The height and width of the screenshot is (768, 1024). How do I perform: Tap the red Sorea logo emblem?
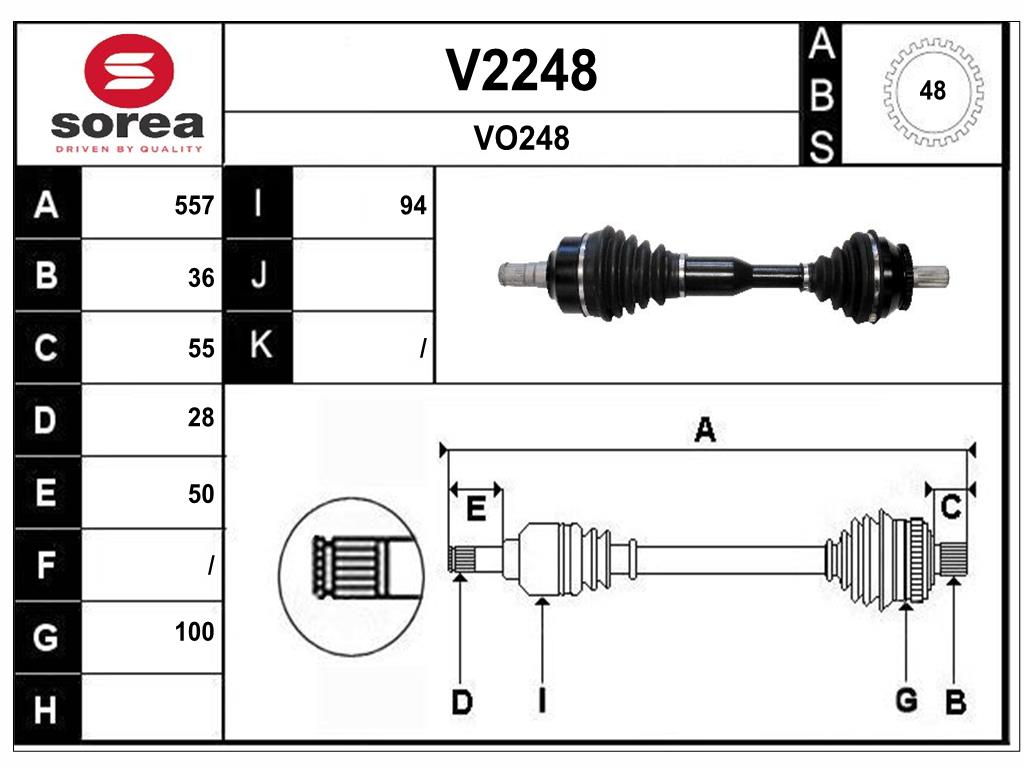(x=129, y=71)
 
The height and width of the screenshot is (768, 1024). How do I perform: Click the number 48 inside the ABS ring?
(x=932, y=91)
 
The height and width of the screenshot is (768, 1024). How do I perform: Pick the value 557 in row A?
(x=194, y=206)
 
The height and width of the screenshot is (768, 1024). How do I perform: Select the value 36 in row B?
(x=201, y=278)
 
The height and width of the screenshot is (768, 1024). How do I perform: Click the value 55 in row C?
(x=201, y=348)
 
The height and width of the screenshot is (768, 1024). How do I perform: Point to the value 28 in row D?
(x=201, y=418)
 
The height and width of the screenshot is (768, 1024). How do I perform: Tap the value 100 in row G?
(x=194, y=632)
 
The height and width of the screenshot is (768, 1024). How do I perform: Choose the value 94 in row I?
(x=413, y=206)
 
